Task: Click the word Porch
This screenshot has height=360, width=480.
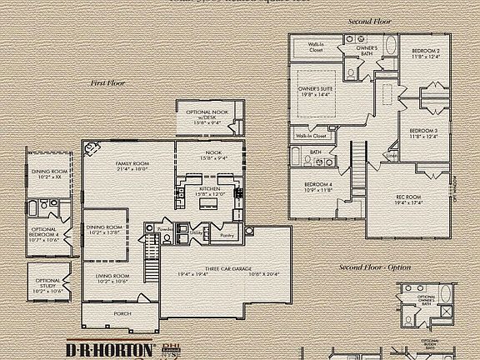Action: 111,313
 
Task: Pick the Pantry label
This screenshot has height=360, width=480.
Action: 226,236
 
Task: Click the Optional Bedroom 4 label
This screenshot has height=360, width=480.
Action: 44,234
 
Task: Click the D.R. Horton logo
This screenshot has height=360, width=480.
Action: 111,349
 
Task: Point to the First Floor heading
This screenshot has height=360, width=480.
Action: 108,83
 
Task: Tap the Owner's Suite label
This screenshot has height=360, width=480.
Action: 317,91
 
